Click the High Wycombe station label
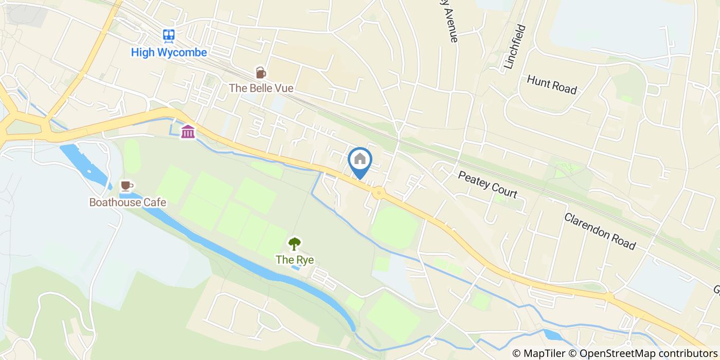169,52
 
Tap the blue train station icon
169,35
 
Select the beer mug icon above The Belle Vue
261,73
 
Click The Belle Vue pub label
261,88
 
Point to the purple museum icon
188,132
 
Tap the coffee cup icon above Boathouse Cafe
127,186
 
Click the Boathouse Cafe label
128,202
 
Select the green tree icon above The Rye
294,243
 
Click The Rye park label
294,260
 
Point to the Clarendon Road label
600,231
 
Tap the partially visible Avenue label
447,23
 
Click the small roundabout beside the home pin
379,193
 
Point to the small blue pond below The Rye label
295,268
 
